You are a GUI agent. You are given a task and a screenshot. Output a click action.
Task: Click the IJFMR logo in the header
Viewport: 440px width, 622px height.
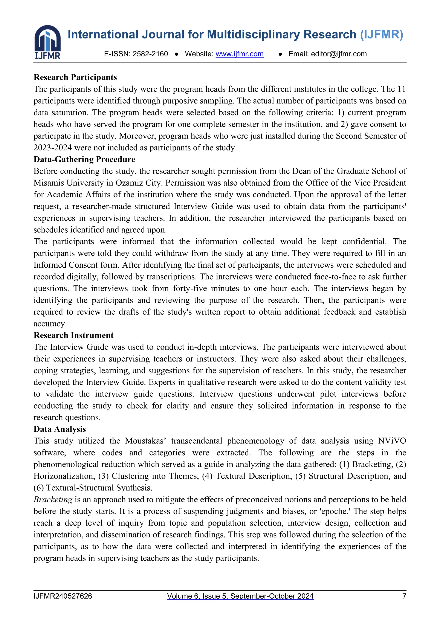[47, 42]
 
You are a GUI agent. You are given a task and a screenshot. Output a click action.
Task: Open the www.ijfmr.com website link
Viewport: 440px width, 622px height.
[240, 54]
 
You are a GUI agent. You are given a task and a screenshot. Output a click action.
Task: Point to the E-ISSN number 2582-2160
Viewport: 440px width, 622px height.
[150, 54]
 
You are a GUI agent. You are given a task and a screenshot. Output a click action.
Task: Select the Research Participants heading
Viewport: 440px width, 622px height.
[75, 78]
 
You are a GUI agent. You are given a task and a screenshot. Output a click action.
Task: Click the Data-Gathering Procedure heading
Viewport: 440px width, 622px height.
[84, 160]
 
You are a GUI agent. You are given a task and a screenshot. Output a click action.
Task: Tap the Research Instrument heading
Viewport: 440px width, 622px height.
[73, 335]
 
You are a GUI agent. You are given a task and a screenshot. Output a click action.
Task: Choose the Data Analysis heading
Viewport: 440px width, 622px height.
[60, 429]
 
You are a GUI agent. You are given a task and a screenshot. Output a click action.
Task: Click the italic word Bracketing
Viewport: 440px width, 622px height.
[53, 500]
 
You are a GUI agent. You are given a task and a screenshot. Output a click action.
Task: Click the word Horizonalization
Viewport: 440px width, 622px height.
[64, 476]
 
